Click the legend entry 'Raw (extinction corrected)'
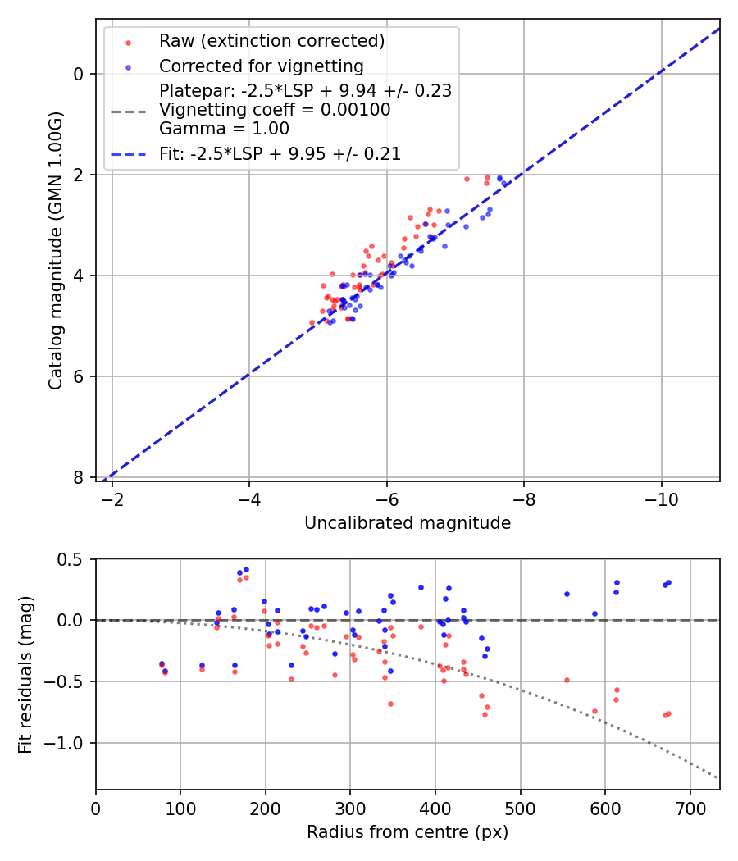[271, 41]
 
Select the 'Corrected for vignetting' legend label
[261, 66]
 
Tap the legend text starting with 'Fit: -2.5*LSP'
[280, 154]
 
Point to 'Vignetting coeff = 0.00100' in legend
[275, 110]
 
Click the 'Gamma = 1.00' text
[224, 129]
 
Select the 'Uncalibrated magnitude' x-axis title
[408, 523]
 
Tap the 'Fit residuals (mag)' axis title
[25, 673]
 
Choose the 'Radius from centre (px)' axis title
[408, 832]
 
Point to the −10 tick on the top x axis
[661, 499]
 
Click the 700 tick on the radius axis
[690, 809]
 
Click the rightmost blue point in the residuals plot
[668, 582]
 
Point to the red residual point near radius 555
[567, 680]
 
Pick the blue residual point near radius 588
[594, 613]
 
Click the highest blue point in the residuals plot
[246, 569]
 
